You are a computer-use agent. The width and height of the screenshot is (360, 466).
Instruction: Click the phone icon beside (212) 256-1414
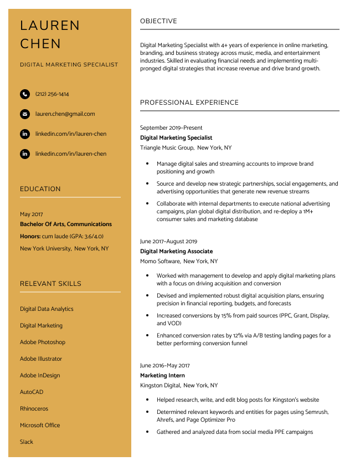(x=25, y=94)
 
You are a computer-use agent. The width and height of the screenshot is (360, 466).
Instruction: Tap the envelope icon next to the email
(x=25, y=114)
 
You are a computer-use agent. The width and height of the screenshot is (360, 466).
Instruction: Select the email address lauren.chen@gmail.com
(x=65, y=114)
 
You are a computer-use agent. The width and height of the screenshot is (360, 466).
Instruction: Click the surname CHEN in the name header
(x=40, y=44)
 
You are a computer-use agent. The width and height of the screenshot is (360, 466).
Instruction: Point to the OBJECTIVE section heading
(x=158, y=21)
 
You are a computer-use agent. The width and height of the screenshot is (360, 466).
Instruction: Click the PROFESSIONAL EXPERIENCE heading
(x=189, y=103)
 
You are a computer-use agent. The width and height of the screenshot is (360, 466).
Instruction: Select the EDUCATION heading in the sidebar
(x=40, y=189)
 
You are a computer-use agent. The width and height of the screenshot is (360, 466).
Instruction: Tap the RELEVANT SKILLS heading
(x=50, y=284)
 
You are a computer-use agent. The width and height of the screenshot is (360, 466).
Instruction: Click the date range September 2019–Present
(x=171, y=128)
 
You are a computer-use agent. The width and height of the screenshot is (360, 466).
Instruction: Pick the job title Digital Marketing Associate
(x=176, y=252)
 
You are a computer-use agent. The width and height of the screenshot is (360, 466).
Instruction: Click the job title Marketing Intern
(x=162, y=376)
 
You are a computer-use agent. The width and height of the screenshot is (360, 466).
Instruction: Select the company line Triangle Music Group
(x=167, y=148)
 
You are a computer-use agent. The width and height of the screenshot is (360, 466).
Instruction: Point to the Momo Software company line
(x=160, y=262)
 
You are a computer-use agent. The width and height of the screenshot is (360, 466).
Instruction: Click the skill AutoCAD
(x=32, y=392)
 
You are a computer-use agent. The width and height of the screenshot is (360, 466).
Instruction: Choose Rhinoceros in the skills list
(x=34, y=409)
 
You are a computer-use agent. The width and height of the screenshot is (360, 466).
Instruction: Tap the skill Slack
(x=27, y=442)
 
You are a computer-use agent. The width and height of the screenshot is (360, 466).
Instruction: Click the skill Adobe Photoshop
(x=43, y=342)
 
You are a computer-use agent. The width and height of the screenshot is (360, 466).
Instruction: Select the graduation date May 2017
(x=31, y=214)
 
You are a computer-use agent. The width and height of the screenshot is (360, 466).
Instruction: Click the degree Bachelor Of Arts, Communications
(x=66, y=224)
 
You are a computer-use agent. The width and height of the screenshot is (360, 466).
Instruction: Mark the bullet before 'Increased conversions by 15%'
(x=147, y=315)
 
